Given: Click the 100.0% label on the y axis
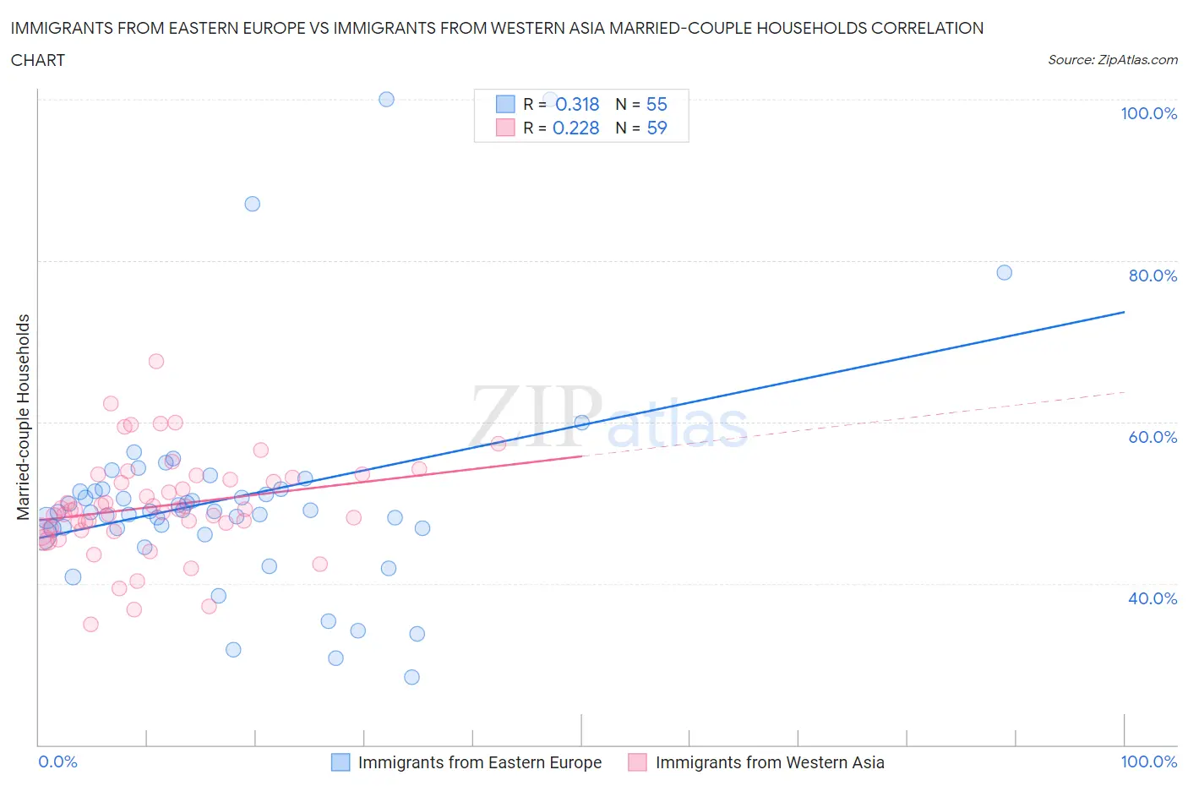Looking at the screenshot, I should point(1148,113).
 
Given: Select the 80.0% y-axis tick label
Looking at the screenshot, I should point(1153,276).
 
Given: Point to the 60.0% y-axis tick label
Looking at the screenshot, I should point(1153,437).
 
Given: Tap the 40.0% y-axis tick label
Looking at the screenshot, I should point(1153,598).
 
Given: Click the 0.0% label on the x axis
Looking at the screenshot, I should point(57,761).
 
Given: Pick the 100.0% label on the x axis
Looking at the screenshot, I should point(1148,761).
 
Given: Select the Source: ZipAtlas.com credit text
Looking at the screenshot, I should point(1112,60).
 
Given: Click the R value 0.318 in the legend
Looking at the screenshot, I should point(577,104).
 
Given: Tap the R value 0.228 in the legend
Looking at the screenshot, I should point(575,128).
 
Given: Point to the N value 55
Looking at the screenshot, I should point(657,104).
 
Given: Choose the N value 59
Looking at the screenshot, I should point(657,128).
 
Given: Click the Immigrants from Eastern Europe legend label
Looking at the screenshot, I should point(479,762).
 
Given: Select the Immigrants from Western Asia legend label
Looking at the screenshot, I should point(770,762).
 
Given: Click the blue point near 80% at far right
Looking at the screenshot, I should point(1004,272).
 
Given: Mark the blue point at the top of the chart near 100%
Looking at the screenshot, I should point(386,99).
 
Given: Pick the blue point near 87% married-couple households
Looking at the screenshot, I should point(252,204).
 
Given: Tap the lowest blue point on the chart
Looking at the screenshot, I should point(411,677).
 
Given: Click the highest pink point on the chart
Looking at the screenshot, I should point(156,361).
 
